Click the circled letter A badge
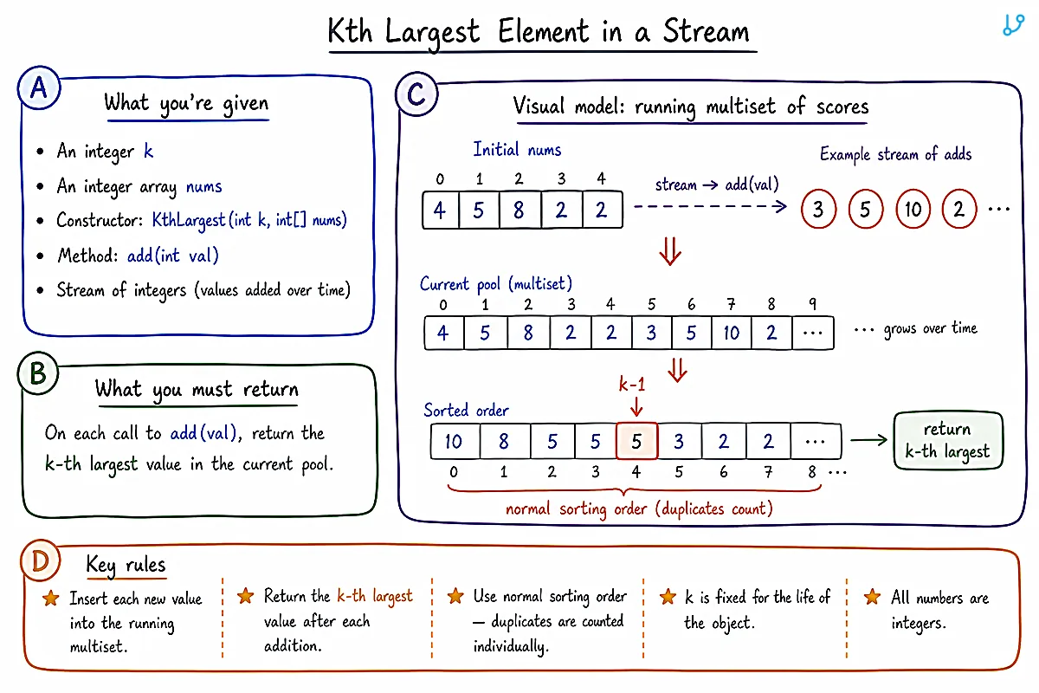pyautogui.click(x=39, y=87)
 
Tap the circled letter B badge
pyautogui.click(x=38, y=373)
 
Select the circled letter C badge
pyautogui.click(x=416, y=94)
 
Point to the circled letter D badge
pyautogui.click(x=41, y=560)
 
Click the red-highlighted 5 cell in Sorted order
pyautogui.click(x=636, y=441)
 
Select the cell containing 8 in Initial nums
pyautogui.click(x=519, y=210)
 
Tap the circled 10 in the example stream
pyautogui.click(x=913, y=209)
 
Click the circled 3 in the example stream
pyautogui.click(x=819, y=209)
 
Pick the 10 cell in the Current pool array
pyautogui.click(x=731, y=333)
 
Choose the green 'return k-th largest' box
pyautogui.click(x=948, y=440)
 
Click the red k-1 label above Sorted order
pyautogui.click(x=632, y=385)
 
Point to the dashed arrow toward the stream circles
pyautogui.click(x=710, y=206)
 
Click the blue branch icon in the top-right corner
pyautogui.click(x=1013, y=25)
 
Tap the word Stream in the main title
pyautogui.click(x=706, y=31)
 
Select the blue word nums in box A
pyautogui.click(x=203, y=186)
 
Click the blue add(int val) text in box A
pyautogui.click(x=172, y=256)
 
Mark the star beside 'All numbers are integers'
pyautogui.click(x=872, y=597)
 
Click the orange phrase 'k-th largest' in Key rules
pyautogui.click(x=375, y=596)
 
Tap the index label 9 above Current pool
pyautogui.click(x=812, y=304)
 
